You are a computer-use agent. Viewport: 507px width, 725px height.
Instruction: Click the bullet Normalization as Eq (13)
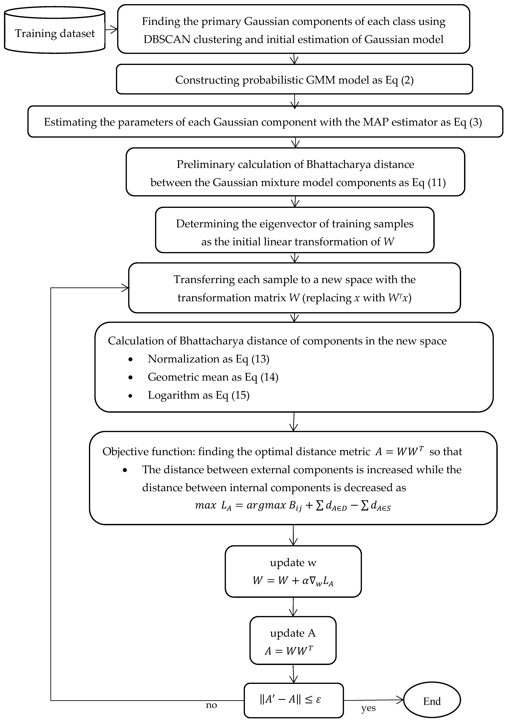point(208,359)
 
